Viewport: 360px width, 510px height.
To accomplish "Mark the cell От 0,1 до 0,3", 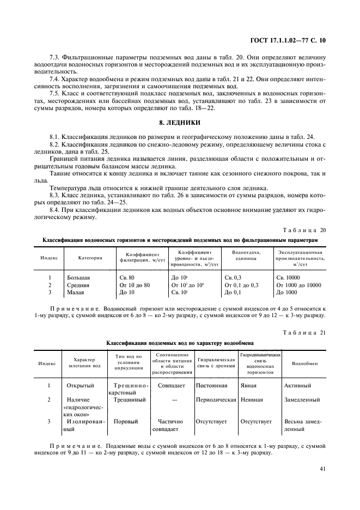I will (x=241, y=285).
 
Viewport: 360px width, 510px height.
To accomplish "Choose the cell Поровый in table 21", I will (x=126, y=421).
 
